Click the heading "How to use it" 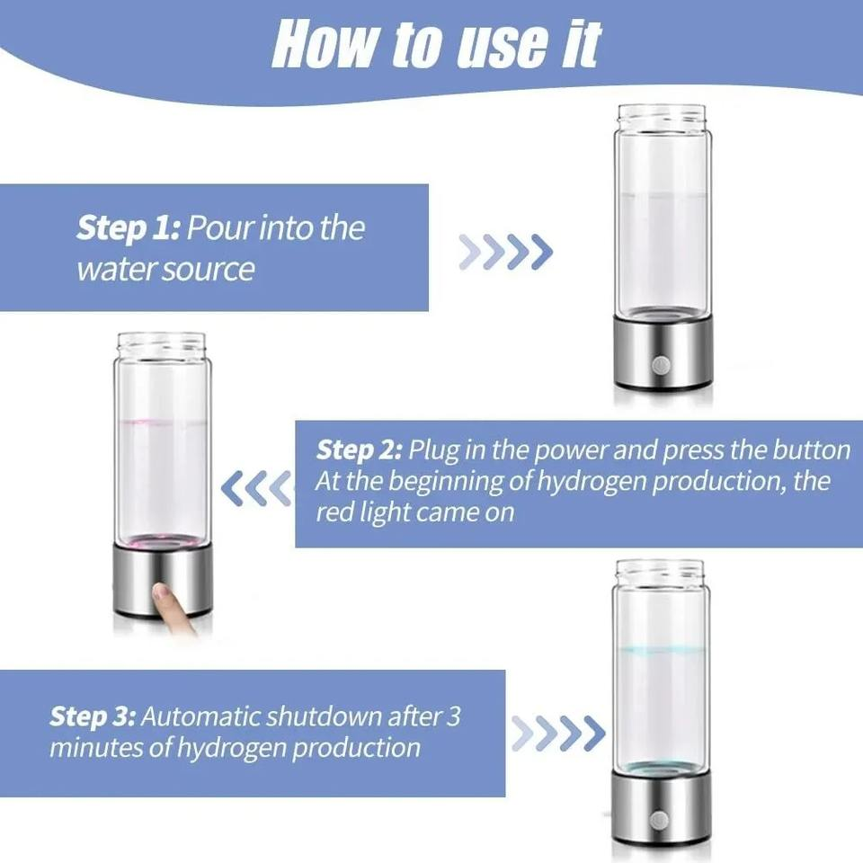click(x=435, y=42)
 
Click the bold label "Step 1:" click(x=129, y=228)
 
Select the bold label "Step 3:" click(x=93, y=716)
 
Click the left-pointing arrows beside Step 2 click(x=257, y=488)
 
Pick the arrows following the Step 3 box click(x=558, y=734)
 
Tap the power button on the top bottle click(x=662, y=365)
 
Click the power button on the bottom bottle click(x=659, y=819)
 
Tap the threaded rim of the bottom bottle click(x=660, y=571)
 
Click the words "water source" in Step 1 click(x=165, y=269)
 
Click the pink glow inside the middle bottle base click(x=162, y=541)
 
